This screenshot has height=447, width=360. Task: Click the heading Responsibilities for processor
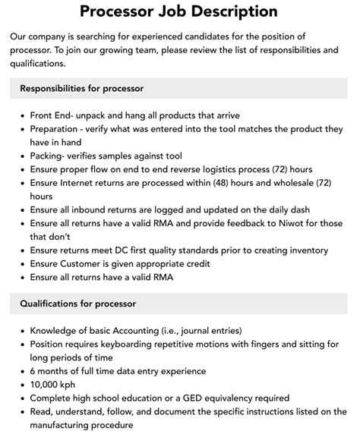click(x=82, y=89)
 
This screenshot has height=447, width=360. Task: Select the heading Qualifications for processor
click(x=78, y=304)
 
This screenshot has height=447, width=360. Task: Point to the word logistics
click(x=215, y=168)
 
